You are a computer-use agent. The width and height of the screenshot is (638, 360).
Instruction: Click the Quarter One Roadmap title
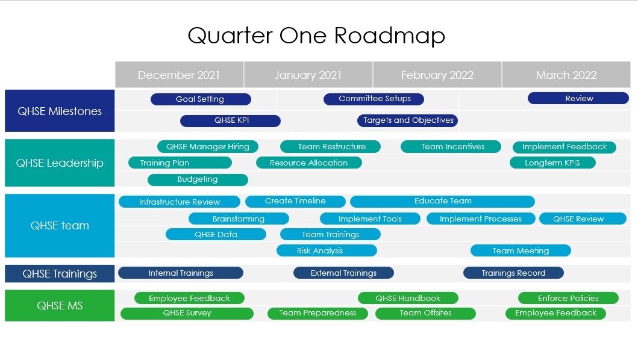point(316,36)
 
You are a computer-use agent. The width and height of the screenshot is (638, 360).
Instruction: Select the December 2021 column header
point(179,75)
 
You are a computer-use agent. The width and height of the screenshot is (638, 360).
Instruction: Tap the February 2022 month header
point(437,75)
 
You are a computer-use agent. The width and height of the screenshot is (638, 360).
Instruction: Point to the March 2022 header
point(566,75)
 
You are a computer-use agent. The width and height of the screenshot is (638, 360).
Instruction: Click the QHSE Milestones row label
point(60,111)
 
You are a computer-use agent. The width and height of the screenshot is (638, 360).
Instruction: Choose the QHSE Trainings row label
point(60,273)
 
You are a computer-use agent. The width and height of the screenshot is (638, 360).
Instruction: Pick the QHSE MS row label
point(60,305)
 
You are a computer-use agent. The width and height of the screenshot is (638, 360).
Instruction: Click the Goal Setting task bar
point(201,99)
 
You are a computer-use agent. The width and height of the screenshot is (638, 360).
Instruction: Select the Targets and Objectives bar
point(408,120)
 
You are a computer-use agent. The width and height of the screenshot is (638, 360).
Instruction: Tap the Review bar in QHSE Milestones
point(578,98)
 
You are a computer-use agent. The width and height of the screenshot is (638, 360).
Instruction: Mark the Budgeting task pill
point(198,179)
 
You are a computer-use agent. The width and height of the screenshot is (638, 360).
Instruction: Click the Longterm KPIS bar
point(552,163)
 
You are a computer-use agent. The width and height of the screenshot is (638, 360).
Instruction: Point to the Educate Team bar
point(442,201)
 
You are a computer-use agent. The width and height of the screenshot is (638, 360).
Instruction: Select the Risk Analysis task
point(327,250)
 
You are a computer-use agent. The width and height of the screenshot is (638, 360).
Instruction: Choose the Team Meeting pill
point(521,250)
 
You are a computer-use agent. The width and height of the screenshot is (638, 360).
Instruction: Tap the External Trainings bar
point(343,273)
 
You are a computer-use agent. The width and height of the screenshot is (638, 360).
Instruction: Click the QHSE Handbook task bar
point(408,298)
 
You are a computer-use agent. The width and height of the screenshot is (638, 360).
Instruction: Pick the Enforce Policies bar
point(569,298)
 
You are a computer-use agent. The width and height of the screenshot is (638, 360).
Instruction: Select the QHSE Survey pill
point(187,313)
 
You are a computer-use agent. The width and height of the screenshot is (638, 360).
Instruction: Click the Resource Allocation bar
point(309,163)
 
